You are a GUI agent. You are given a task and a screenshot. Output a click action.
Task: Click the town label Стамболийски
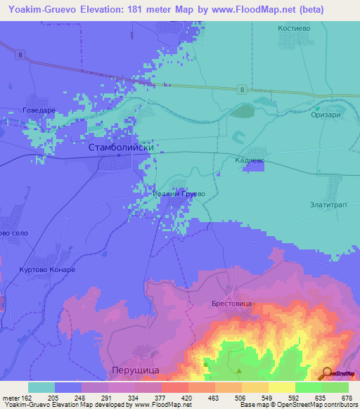coord(121,148)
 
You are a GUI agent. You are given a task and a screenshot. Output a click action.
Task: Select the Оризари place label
coord(326,117)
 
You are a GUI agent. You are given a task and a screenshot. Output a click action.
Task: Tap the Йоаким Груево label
coord(179,193)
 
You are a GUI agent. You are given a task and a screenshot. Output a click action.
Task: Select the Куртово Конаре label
coord(46,270)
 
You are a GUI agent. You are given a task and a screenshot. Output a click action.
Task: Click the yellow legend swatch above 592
coord(281,387)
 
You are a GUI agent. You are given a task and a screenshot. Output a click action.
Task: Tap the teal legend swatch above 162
coord(41,387)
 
